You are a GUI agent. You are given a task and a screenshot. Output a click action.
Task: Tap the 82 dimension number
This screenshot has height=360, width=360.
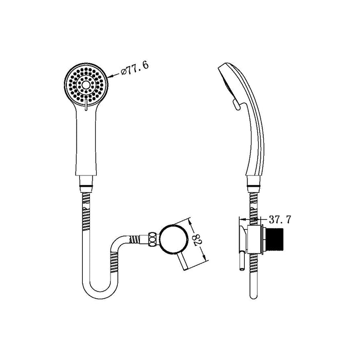[196, 239]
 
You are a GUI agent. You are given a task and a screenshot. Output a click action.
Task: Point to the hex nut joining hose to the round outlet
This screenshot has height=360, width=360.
[152, 239]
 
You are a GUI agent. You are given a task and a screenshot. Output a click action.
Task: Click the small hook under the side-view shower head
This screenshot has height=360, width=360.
[236, 106]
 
